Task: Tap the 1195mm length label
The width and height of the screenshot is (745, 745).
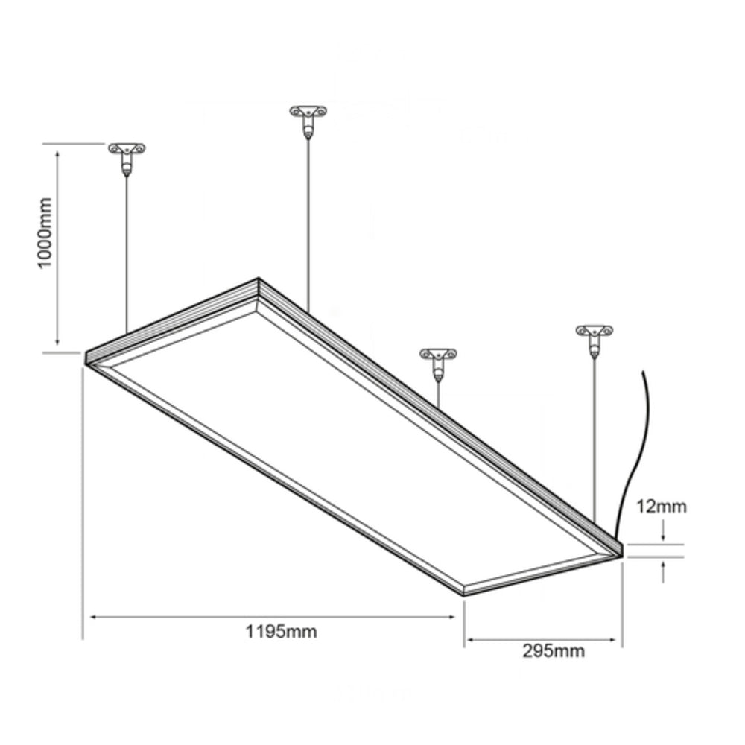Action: pyautogui.click(x=281, y=633)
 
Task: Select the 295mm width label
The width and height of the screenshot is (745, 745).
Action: pyautogui.click(x=553, y=651)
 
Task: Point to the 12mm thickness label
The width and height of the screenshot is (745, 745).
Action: pyautogui.click(x=661, y=507)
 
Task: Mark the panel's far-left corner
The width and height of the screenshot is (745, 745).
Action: pyautogui.click(x=85, y=358)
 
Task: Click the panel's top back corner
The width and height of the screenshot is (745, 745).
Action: pyautogui.click(x=259, y=280)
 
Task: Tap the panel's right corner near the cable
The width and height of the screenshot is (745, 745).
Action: pyautogui.click(x=621, y=550)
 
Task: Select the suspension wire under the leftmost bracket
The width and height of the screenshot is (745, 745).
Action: pyautogui.click(x=127, y=253)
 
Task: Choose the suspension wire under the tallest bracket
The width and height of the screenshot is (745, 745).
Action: pyautogui.click(x=308, y=223)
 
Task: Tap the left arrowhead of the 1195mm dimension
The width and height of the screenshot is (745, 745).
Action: pyautogui.click(x=93, y=617)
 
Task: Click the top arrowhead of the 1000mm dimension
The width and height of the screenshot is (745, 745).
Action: pyautogui.click(x=57, y=150)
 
